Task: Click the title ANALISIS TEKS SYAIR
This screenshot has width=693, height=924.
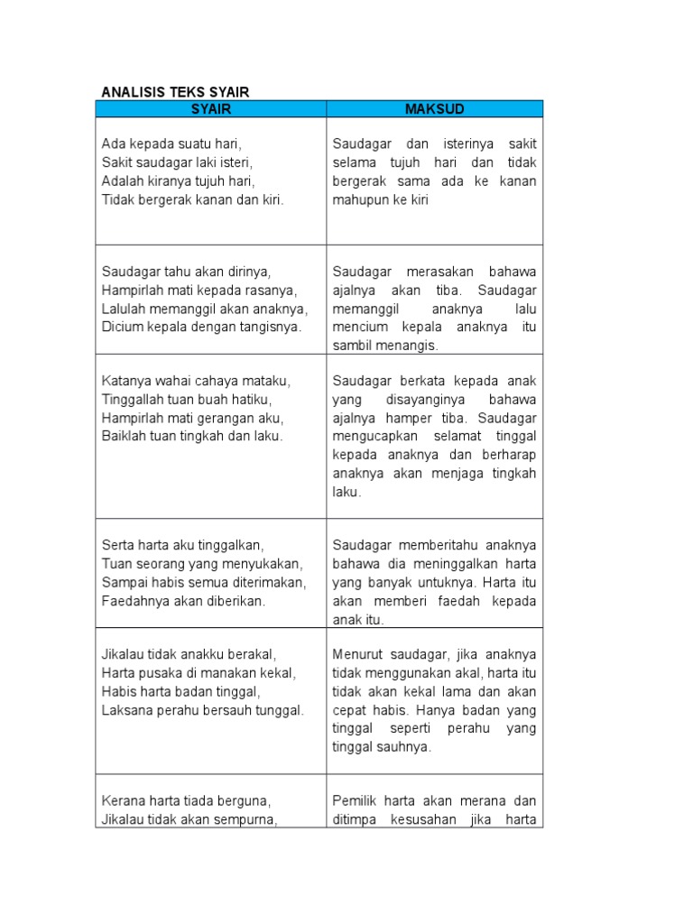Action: pos(175,92)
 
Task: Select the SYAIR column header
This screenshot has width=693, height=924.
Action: pos(211,109)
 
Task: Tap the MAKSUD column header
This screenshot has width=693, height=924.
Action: pos(435,109)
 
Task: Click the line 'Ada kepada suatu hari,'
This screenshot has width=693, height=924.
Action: pos(172,143)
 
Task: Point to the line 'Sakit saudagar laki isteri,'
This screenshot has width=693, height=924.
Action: pos(177,162)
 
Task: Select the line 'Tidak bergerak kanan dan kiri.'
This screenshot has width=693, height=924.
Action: pos(192,200)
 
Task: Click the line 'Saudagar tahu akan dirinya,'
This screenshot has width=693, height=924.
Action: pos(187,272)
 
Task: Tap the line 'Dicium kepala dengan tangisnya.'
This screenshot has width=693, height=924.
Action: pos(202,328)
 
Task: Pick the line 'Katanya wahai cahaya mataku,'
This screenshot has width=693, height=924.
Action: pos(196,381)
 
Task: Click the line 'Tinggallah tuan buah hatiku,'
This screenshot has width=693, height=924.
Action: pos(187,400)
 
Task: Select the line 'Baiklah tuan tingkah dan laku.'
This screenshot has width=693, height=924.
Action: pos(192,437)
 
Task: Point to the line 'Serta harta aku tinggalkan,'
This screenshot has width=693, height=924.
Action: pos(182,545)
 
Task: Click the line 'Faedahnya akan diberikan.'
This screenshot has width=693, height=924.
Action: pos(183,601)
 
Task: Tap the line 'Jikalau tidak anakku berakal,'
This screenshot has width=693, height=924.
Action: pos(189,654)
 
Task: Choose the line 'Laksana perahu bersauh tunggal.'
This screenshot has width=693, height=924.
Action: pos(203,710)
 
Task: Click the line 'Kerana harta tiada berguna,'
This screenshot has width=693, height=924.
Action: pos(187,800)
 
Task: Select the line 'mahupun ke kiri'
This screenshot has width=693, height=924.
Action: pos(380,200)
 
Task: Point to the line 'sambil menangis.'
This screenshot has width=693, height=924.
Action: pos(385,346)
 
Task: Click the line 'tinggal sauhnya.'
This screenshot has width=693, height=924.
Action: pos(382,747)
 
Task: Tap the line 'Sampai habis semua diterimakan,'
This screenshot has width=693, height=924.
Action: pos(204,582)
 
